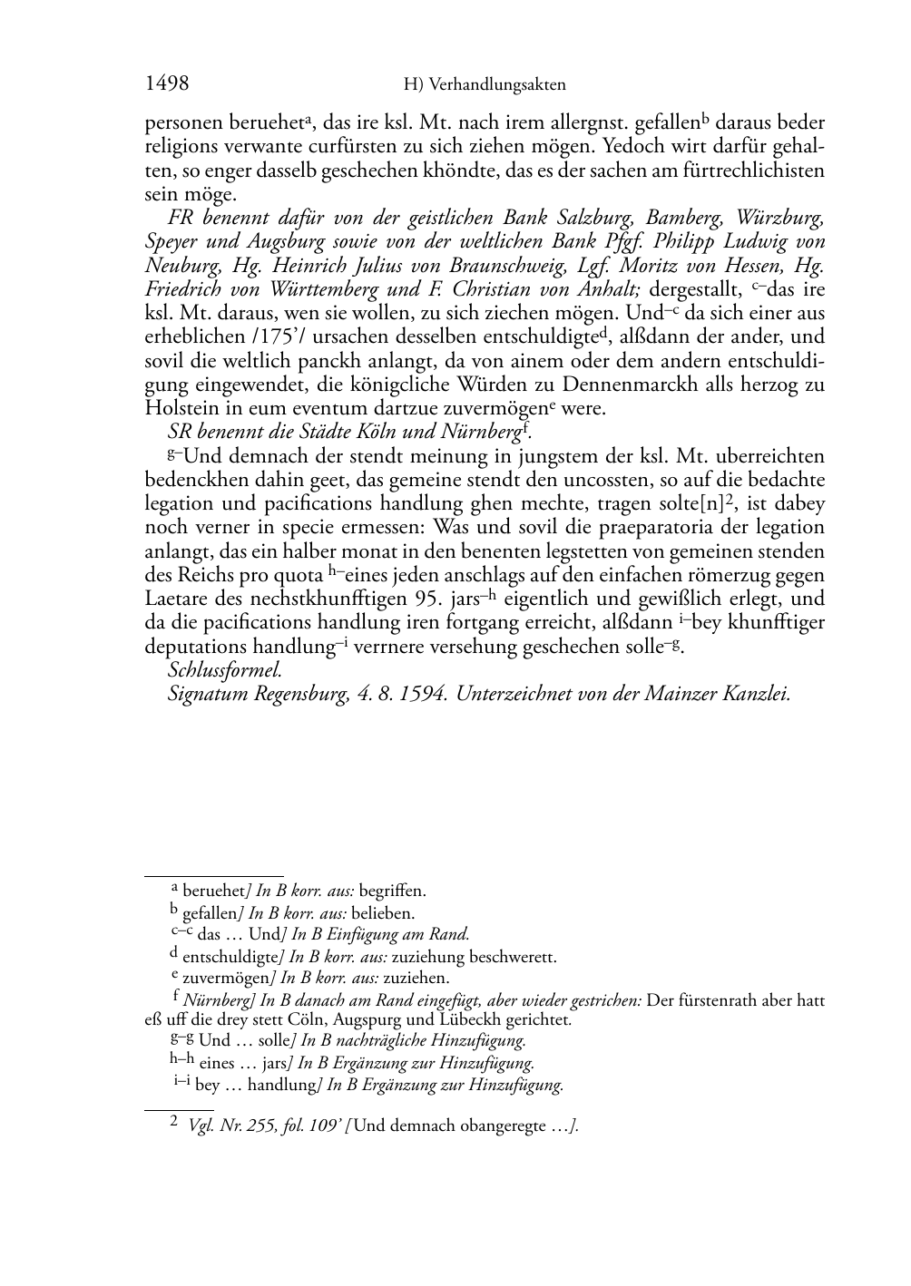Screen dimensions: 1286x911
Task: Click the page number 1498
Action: coord(167,84)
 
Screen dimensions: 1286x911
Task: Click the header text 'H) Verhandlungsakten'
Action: coord(485,85)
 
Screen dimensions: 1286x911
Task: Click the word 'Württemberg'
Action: coord(321,289)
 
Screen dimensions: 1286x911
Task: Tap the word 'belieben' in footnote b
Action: coord(384,913)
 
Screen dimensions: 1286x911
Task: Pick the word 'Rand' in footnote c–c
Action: coord(451,934)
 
